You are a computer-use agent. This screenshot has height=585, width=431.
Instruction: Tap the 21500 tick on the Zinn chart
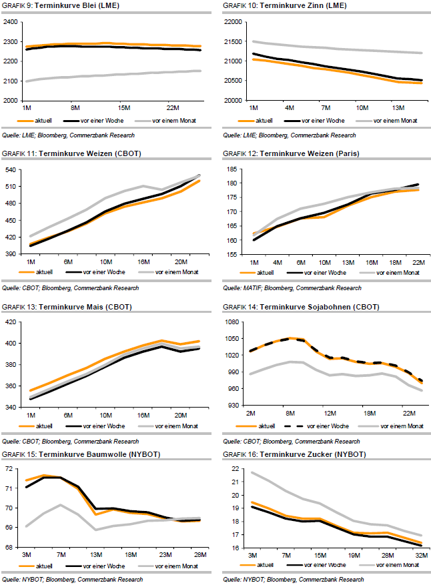234,41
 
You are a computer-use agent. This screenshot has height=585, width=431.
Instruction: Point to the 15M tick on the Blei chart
123,107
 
